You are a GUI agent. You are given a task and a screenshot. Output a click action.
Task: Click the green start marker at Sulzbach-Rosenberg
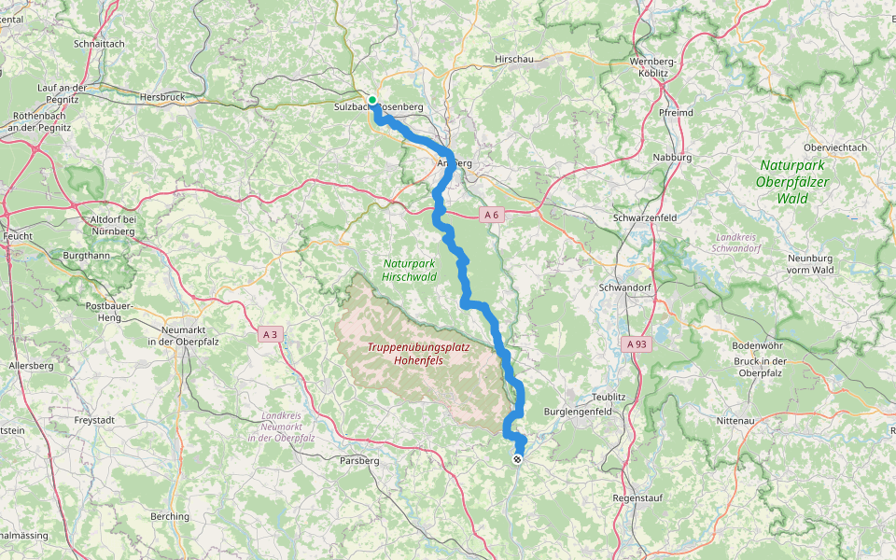coord(371,100)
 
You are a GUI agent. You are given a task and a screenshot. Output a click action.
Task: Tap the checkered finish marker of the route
coord(517,458)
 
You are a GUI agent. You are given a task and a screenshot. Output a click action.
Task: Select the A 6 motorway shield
coord(492,216)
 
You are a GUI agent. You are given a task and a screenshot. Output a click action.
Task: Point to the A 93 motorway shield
coord(637,344)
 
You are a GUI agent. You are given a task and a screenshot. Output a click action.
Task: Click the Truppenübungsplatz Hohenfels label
coord(417,353)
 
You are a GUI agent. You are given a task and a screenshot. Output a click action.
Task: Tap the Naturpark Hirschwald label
coord(410,270)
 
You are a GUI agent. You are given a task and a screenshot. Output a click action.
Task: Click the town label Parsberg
coord(359,460)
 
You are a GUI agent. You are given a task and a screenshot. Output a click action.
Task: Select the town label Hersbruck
coord(162,96)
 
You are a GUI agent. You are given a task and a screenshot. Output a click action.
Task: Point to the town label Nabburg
coord(672,158)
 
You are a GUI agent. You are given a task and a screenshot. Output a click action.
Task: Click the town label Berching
coord(170,516)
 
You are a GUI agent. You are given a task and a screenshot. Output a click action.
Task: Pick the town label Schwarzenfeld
coord(645,217)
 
